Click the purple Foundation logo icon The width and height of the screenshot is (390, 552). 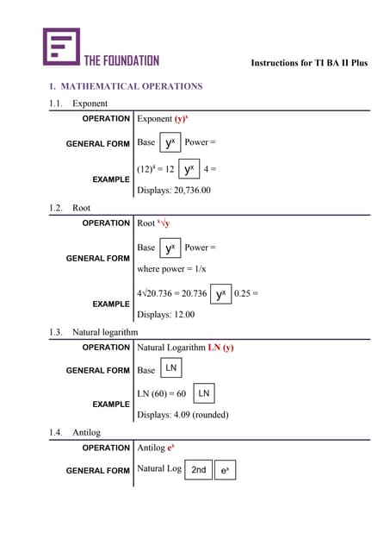click(x=61, y=47)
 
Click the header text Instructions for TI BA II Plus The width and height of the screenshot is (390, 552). click(x=308, y=63)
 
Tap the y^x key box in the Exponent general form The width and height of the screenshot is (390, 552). click(x=170, y=142)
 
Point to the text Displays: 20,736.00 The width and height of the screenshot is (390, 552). click(x=174, y=190)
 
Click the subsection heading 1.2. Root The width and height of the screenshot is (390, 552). click(x=70, y=208)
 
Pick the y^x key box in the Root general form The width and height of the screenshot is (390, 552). click(x=170, y=248)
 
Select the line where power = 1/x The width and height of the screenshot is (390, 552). click(x=172, y=269)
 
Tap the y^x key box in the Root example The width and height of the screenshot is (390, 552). click(x=220, y=294)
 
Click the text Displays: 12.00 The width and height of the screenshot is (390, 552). click(x=166, y=315)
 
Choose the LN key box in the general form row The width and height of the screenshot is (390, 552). click(x=171, y=369)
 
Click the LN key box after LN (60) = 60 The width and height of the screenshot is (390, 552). click(x=203, y=394)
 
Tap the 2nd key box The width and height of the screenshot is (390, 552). click(x=198, y=470)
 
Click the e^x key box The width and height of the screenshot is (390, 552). click(x=225, y=470)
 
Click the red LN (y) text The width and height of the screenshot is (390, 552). click(x=220, y=348)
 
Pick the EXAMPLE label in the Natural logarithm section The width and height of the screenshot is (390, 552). click(x=110, y=404)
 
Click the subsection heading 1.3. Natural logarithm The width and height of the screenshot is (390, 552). click(x=93, y=331)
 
